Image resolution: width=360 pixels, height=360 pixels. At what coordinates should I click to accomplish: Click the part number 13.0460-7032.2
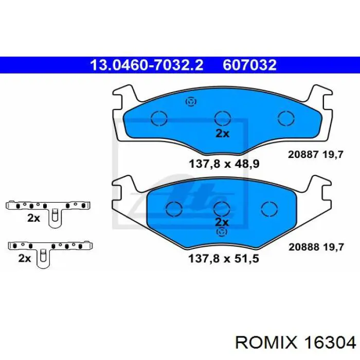147,65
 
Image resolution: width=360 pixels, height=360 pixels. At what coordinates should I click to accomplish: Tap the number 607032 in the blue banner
250,65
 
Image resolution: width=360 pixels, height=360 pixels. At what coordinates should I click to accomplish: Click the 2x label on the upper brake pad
222,133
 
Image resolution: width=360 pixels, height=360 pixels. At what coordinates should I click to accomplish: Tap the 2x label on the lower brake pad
222,223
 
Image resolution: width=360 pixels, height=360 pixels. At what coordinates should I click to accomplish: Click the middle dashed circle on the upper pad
222,118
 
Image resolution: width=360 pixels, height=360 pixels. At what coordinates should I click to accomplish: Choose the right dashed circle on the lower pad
268,209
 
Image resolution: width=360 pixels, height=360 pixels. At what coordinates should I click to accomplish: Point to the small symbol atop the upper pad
191,101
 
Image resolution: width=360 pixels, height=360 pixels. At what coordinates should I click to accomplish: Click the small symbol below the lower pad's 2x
222,232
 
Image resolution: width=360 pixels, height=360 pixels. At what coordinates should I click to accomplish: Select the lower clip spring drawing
49,249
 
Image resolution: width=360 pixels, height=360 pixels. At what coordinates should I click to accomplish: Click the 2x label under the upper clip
33,218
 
